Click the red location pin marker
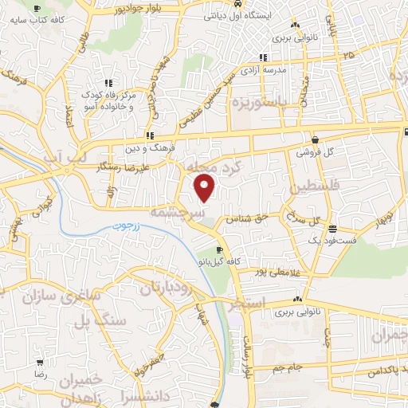206,188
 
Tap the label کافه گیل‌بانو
217,261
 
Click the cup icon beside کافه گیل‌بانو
219,250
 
